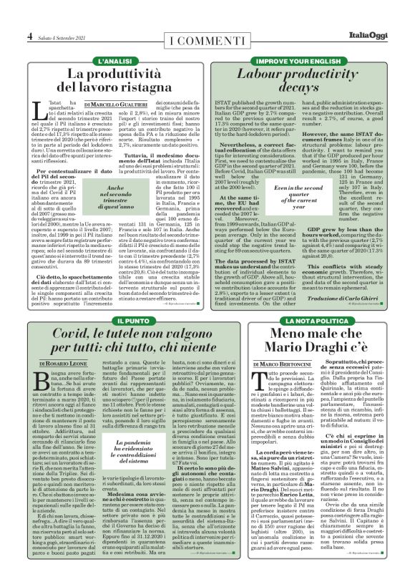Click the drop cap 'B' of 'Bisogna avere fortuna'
pyautogui.click(x=36, y=379)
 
